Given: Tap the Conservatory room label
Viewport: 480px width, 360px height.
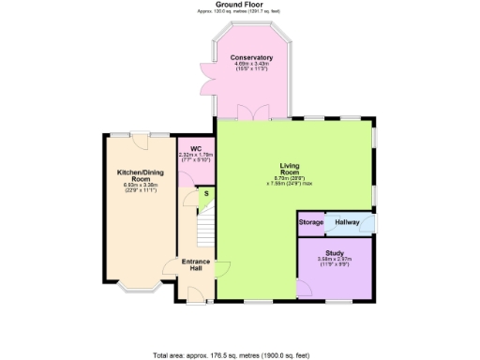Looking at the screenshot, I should coord(252,57).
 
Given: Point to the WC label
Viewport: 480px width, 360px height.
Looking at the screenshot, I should coord(196,148).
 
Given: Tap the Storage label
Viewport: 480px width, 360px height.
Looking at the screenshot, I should coord(311,222).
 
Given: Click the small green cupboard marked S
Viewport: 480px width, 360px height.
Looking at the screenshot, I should coord(207,195).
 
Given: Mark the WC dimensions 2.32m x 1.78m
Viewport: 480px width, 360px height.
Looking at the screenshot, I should coord(196,157).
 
